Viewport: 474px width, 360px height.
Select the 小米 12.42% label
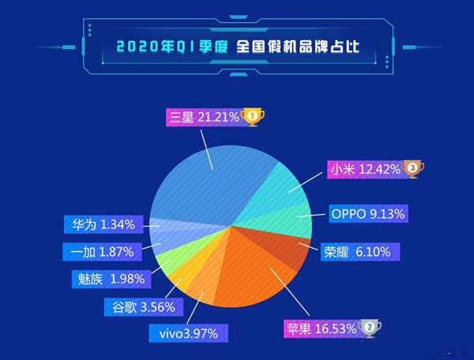pos(364,168)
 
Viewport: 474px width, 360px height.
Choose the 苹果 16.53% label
pos(321,328)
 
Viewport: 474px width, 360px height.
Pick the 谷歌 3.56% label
pos(144,306)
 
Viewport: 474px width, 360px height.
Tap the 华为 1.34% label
pos(102,225)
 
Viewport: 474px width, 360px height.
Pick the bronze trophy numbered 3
pos(412,168)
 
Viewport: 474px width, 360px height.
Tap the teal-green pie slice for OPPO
pos(292,217)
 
